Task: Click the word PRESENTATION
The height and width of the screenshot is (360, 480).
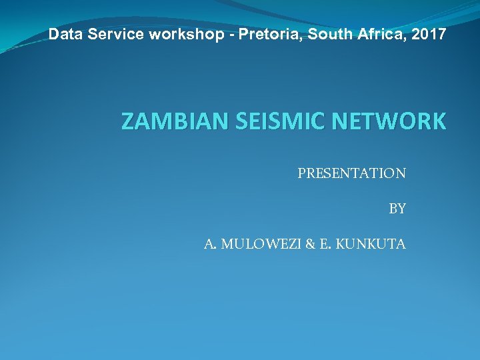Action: pyautogui.click(x=351, y=173)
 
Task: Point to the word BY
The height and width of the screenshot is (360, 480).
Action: pyautogui.click(x=397, y=209)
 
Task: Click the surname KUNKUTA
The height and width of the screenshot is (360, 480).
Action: pyautogui.click(x=371, y=244)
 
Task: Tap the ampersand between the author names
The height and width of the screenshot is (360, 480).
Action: pyautogui.click(x=310, y=244)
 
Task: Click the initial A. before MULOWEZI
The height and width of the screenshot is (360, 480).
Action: pyautogui.click(x=210, y=244)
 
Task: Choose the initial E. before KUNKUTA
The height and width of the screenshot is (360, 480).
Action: pyautogui.click(x=325, y=244)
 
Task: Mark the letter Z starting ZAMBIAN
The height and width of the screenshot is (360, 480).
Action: pyautogui.click(x=128, y=122)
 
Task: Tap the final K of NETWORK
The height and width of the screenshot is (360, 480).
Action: pyautogui.click(x=437, y=122)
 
